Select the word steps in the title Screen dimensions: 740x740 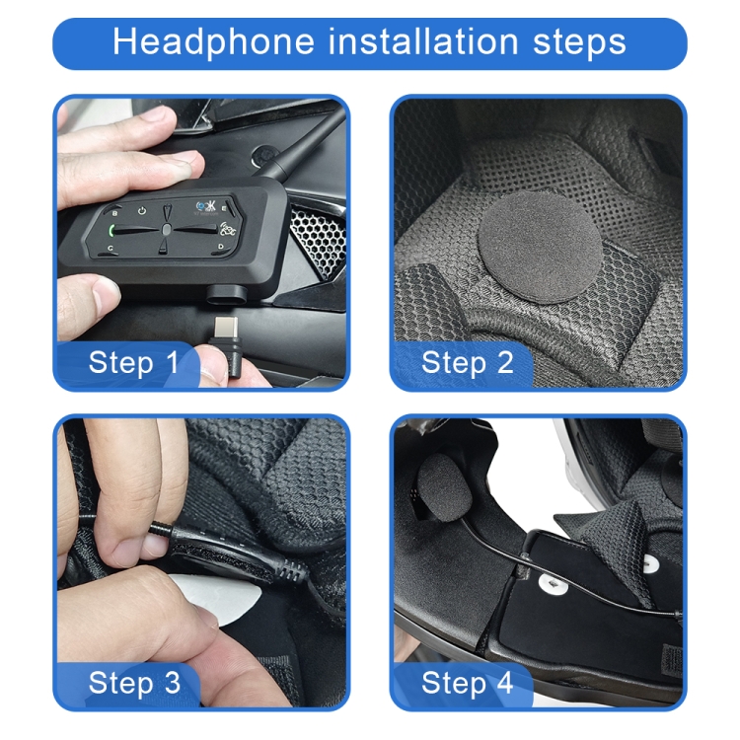pyautogui.click(x=572, y=42)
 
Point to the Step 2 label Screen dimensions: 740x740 pyautogui.click(x=468, y=362)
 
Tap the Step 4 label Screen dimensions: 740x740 pyautogui.click(x=468, y=682)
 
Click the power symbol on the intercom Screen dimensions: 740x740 pyautogui.click(x=143, y=211)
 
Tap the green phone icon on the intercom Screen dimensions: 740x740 pyautogui.click(x=114, y=233)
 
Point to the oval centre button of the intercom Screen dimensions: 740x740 pyautogui.click(x=169, y=231)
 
